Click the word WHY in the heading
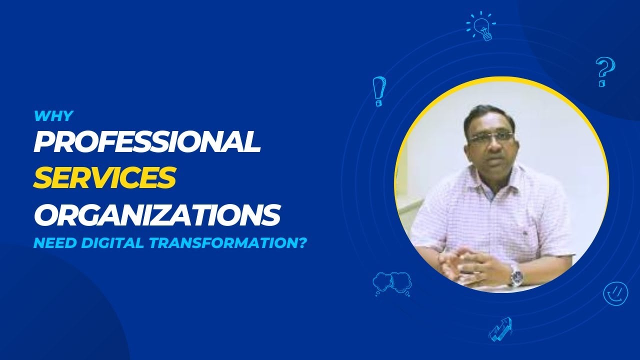pyautogui.click(x=53, y=116)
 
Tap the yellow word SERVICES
pyautogui.click(x=104, y=178)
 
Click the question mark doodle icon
pyautogui.click(x=605, y=71)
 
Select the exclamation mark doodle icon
pyautogui.click(x=379, y=91)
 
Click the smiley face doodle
pyautogui.click(x=615, y=293)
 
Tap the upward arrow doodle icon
pyautogui.click(x=500, y=328)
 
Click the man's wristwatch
pyautogui.click(x=516, y=274)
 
